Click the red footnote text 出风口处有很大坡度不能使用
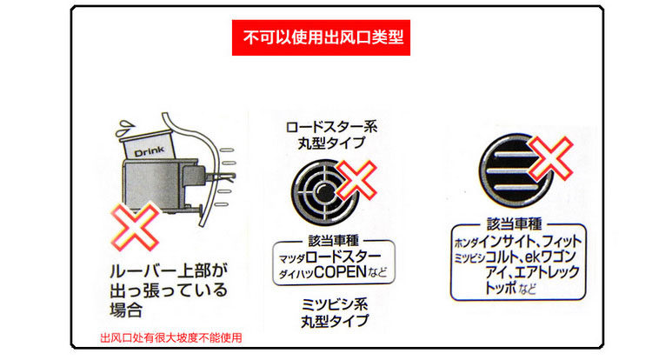point(170,338)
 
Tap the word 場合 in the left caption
point(123,309)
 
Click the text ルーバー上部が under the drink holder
point(165,270)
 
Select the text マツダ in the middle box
point(289,258)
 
